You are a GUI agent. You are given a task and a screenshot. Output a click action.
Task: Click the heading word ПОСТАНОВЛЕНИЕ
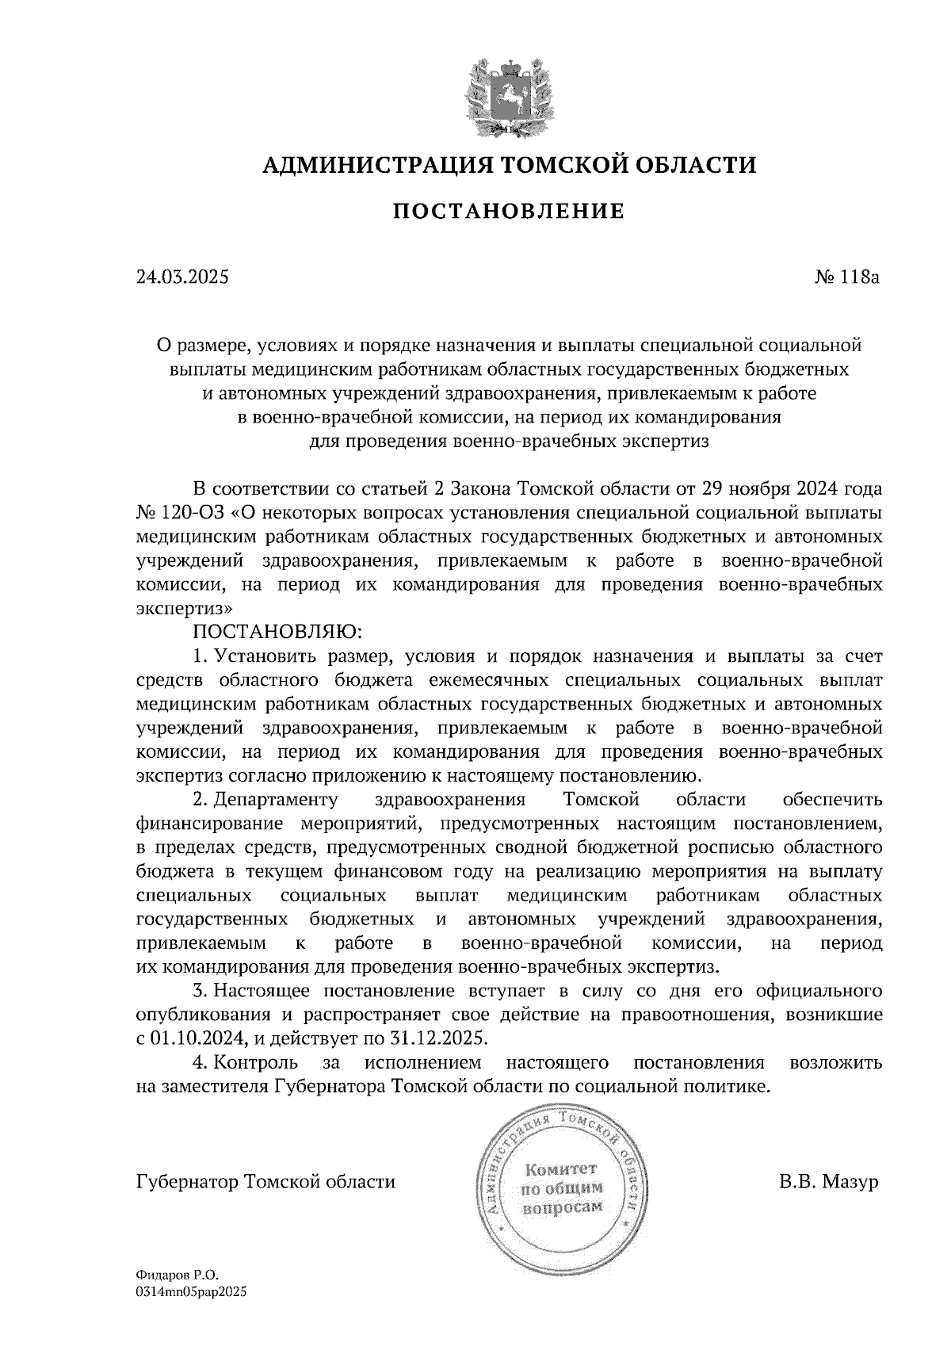tap(509, 211)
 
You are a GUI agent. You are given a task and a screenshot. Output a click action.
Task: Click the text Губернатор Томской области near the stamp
tap(265, 1182)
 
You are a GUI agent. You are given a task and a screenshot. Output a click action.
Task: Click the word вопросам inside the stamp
tap(562, 1207)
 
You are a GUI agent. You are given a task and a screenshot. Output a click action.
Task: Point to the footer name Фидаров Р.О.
tap(176, 1275)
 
